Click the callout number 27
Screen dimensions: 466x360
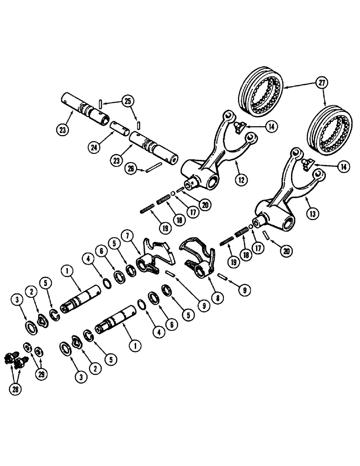tap(321, 83)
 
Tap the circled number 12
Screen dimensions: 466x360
tap(240, 178)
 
